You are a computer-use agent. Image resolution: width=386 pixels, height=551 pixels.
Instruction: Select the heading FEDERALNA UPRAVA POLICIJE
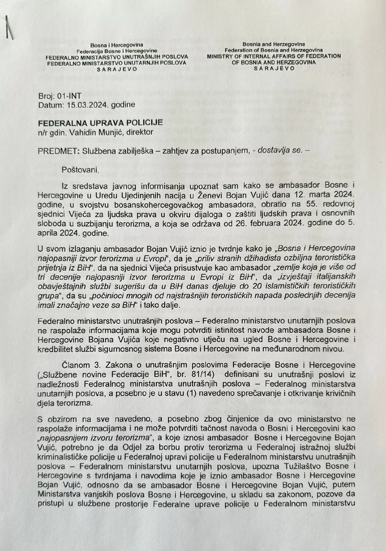coord(100,123)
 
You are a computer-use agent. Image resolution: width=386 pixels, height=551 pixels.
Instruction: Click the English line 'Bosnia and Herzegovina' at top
coord(274,44)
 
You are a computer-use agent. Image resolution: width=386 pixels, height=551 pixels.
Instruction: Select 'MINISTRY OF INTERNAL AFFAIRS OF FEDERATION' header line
coord(274,56)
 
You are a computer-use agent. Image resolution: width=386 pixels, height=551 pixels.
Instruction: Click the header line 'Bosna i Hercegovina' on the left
coord(117,45)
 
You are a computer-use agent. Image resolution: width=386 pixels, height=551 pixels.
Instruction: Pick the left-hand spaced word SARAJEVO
coord(117,69)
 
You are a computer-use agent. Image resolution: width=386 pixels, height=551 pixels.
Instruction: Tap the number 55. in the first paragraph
coord(308,204)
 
